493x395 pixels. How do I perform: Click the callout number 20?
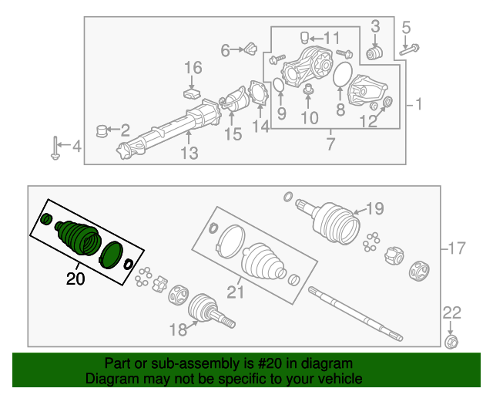[x=75, y=279]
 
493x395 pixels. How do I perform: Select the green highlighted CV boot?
[x=77, y=235]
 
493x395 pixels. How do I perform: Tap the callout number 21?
[x=235, y=292]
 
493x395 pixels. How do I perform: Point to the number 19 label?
[x=374, y=208]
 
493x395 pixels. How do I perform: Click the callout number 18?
[x=178, y=330]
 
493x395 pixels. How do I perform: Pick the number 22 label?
[x=451, y=312]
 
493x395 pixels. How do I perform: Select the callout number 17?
[x=457, y=248]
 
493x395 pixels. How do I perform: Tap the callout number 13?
[x=189, y=154]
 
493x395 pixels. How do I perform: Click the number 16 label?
[x=192, y=69]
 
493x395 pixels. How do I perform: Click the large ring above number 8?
[x=340, y=76]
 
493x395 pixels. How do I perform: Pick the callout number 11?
[x=331, y=38]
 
